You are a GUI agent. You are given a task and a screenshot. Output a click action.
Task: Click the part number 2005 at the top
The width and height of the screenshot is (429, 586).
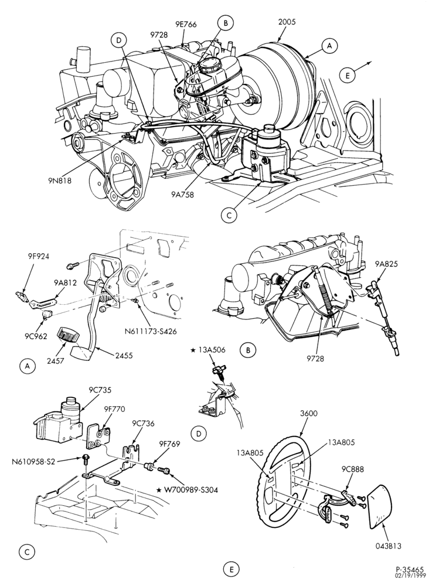tap(287, 22)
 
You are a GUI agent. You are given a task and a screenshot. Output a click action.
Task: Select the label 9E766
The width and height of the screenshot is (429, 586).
tap(186, 25)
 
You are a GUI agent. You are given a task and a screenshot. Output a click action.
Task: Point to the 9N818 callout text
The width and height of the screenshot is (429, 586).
tap(59, 180)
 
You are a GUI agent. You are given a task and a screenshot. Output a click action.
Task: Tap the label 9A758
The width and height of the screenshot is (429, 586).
tap(183, 195)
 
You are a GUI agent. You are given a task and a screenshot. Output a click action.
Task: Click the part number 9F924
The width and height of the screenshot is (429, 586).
tap(38, 257)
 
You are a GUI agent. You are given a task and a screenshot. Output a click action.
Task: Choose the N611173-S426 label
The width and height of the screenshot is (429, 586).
tap(151, 331)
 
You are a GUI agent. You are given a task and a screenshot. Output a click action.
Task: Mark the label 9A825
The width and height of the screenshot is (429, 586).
tap(387, 264)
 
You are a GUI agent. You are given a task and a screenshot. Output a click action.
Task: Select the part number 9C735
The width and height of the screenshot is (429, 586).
tap(100, 390)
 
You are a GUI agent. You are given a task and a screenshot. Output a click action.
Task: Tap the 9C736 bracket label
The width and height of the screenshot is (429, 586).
tap(143, 424)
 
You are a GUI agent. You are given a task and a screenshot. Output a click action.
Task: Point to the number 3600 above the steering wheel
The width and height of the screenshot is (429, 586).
tap(309, 413)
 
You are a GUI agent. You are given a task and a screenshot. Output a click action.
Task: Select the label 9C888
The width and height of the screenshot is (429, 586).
tap(352, 469)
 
